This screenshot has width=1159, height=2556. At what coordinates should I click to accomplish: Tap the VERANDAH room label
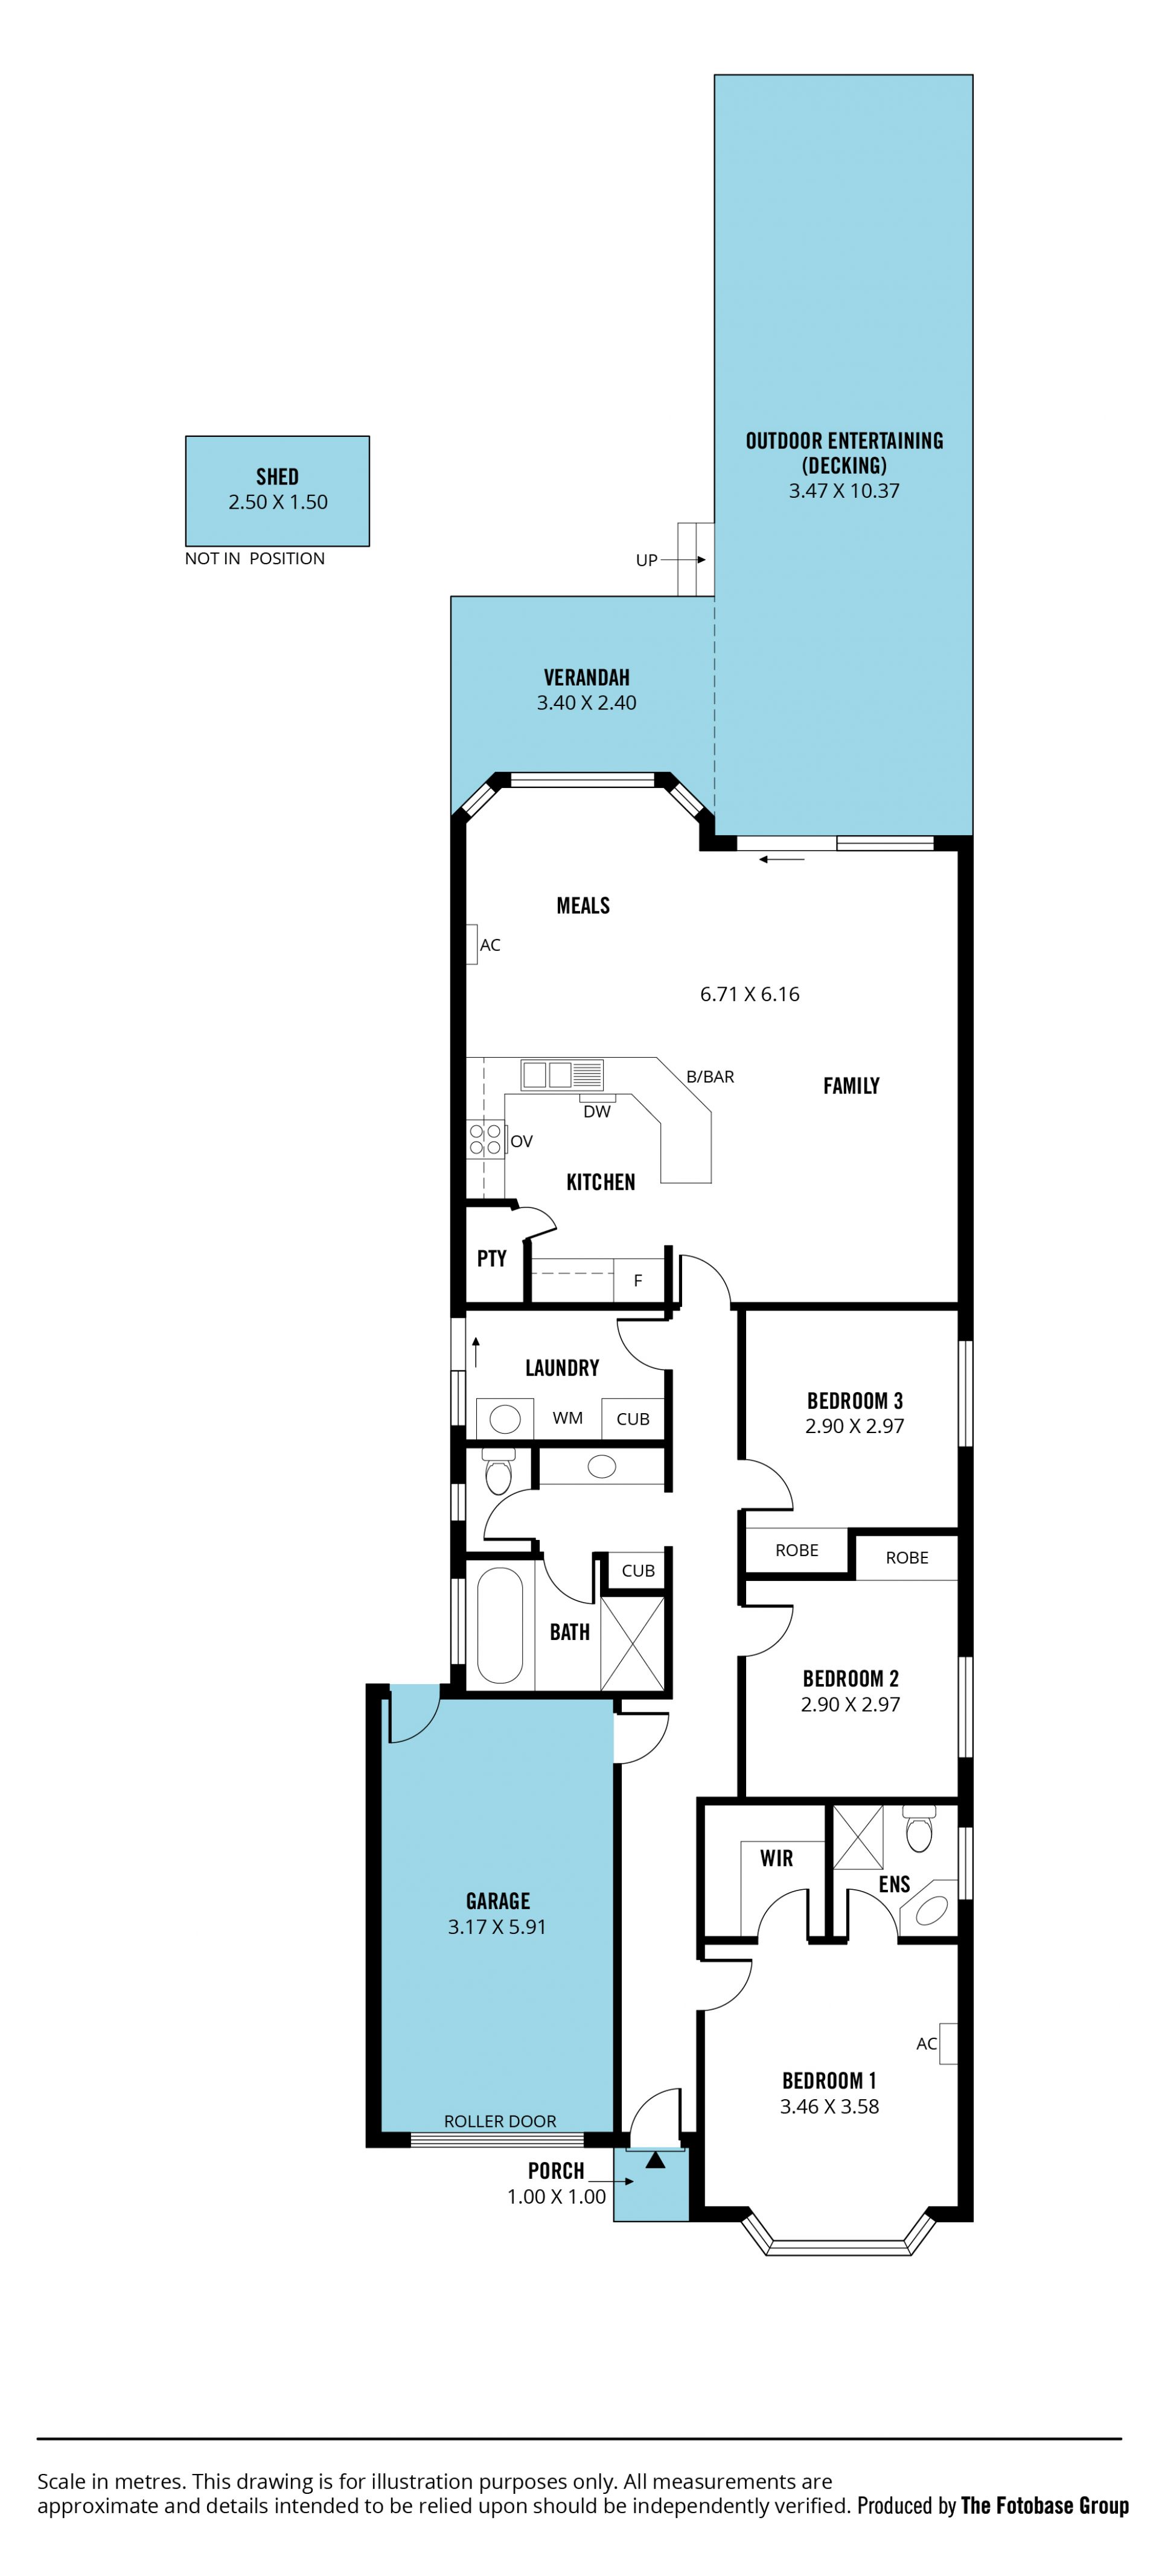[x=587, y=678]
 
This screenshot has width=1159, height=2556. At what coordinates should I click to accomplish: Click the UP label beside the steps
[x=646, y=561]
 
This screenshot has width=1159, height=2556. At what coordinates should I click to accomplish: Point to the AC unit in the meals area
[x=471, y=944]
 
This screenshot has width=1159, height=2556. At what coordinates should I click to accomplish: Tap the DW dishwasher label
[x=596, y=1111]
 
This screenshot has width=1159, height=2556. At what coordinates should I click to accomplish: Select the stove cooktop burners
[x=484, y=1139]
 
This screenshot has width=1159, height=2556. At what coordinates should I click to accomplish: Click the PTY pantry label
[x=491, y=1258]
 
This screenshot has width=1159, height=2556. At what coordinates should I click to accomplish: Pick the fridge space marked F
[x=638, y=1280]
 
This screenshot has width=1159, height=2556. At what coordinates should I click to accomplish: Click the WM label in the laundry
[x=567, y=1418]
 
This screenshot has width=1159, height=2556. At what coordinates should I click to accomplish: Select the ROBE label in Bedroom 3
[x=797, y=1550]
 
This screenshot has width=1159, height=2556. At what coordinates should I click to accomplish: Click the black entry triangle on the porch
[x=655, y=2159]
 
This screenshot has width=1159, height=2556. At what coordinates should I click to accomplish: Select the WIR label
[x=776, y=1858]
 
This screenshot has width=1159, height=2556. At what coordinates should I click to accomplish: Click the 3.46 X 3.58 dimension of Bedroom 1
[x=829, y=2106]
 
